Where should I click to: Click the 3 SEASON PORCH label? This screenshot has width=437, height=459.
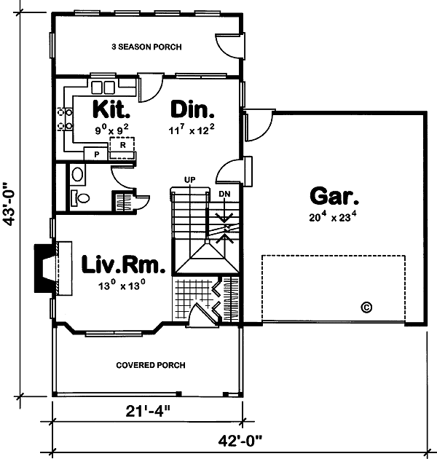(146, 47)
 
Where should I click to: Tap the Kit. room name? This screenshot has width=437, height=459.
(111, 110)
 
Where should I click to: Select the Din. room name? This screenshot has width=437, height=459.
(192, 110)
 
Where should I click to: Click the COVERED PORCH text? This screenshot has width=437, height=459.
(151, 365)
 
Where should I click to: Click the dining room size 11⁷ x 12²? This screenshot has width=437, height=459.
(192, 130)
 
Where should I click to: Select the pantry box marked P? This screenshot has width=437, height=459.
(95, 154)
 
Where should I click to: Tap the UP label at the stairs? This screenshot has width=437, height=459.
(190, 178)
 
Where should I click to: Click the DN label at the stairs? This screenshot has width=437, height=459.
(224, 192)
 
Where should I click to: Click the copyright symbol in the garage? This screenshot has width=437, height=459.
(366, 307)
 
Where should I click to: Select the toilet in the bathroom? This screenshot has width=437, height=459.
(82, 197)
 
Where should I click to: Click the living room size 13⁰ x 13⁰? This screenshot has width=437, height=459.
(123, 286)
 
